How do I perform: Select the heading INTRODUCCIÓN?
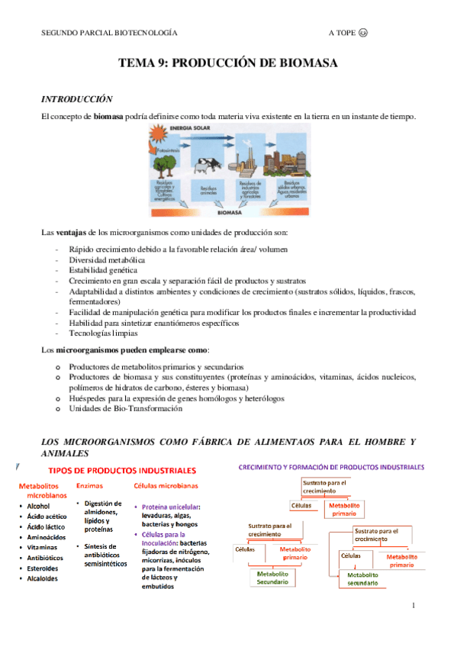[76, 99]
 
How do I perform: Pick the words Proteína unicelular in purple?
[171, 507]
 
